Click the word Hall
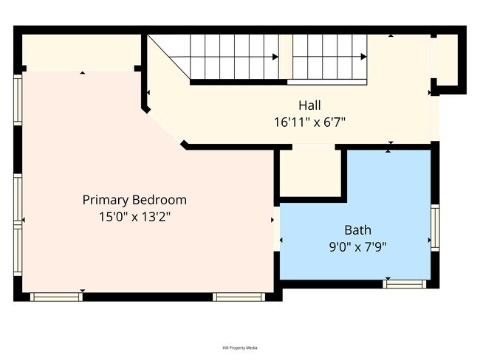point(309,105)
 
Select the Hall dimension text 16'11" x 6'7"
point(309,122)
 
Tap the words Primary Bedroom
point(134,200)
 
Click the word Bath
point(357,229)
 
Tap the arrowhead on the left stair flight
point(275,57)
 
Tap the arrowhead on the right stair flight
point(363,57)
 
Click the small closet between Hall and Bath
point(310,174)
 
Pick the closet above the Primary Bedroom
point(81,50)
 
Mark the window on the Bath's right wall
point(435,228)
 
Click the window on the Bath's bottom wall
point(405,283)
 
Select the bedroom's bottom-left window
point(55,297)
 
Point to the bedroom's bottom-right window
point(239,297)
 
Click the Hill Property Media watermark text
point(239,347)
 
